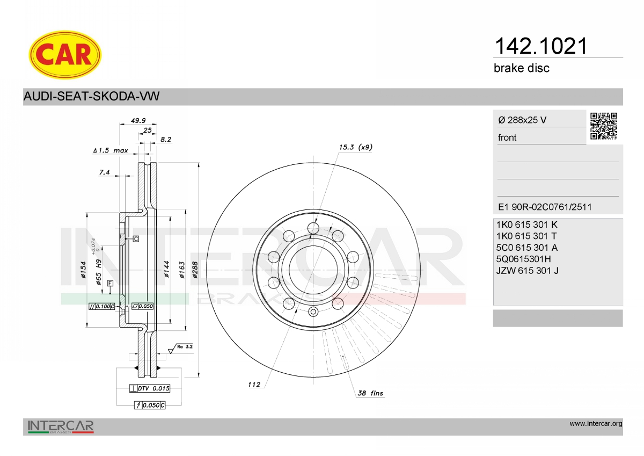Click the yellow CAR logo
pyautogui.click(x=65, y=55)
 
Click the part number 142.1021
pyautogui.click(x=541, y=46)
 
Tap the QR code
pyautogui.click(x=604, y=126)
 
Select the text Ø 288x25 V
pyautogui.click(x=522, y=120)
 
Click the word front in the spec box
pyautogui.click(x=507, y=137)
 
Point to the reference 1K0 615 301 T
pyautogui.click(x=526, y=236)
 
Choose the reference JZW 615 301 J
pyautogui.click(x=527, y=271)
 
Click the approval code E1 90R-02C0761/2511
pyautogui.click(x=545, y=207)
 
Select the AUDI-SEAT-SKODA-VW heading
pyautogui.click(x=91, y=96)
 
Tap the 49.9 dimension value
pyautogui.click(x=138, y=120)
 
